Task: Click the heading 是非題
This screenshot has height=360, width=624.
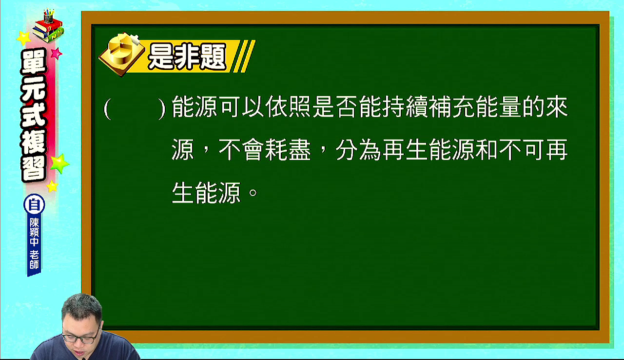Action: pyautogui.click(x=187, y=57)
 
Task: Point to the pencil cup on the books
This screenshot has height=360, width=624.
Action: pyautogui.click(x=48, y=16)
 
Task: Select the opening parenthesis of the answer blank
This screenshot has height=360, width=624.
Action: pyautogui.click(x=108, y=109)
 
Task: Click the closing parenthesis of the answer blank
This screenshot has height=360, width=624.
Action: pyautogui.click(x=162, y=109)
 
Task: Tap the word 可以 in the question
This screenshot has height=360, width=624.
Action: pyautogui.click(x=242, y=107)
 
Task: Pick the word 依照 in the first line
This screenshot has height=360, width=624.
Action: pyautogui.click(x=288, y=107)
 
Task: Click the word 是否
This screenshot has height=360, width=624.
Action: pyautogui.click(x=335, y=107)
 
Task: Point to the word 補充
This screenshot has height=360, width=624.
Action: pyautogui.click(x=451, y=107)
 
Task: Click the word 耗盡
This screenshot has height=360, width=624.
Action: pyautogui.click(x=288, y=150)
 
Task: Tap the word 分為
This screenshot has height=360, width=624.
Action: pyautogui.click(x=358, y=150)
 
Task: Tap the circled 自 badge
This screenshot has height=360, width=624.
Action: pyautogui.click(x=34, y=204)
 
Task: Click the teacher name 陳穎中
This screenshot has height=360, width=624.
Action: pyautogui.click(x=34, y=232)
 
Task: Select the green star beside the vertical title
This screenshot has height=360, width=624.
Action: pyautogui.click(x=59, y=163)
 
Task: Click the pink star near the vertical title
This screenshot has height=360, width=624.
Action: pyautogui.click(x=56, y=53)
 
